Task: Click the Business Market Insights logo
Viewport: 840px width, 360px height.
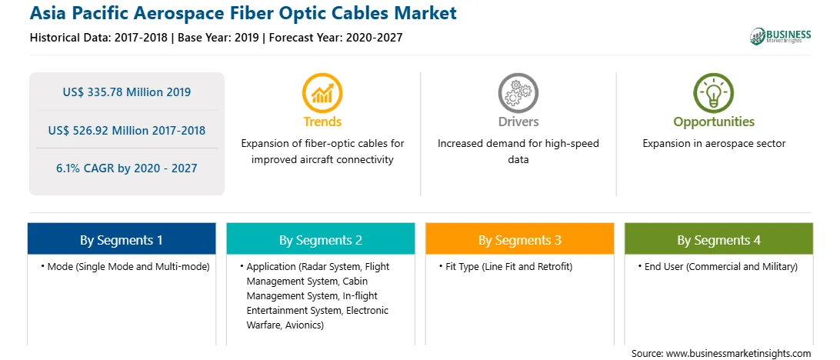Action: pos(781,36)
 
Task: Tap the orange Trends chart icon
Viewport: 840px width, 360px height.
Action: pos(322,93)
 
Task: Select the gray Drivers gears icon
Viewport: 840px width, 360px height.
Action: pos(518,93)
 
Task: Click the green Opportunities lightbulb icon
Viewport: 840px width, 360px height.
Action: pos(714,93)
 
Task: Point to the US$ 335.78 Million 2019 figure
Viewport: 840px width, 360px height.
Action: pos(126,92)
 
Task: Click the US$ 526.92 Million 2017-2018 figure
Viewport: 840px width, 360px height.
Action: pos(126,130)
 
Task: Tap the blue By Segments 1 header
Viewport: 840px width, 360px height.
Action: pos(122,239)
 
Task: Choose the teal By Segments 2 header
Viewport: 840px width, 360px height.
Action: pos(320,239)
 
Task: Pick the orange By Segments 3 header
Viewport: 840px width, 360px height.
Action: pos(520,239)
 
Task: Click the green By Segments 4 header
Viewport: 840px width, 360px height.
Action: pos(718,239)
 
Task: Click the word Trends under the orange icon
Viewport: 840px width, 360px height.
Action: pos(322,122)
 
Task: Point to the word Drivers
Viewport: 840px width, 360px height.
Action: pos(518,122)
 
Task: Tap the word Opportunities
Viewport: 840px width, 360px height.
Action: pos(714,122)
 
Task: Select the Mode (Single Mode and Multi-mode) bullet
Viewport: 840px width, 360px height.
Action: pos(125,267)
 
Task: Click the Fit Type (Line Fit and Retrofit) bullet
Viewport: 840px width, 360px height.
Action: pos(505,267)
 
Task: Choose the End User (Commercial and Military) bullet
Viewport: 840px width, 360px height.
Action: pos(718,267)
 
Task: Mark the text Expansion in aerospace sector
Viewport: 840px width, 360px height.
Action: pos(714,144)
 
